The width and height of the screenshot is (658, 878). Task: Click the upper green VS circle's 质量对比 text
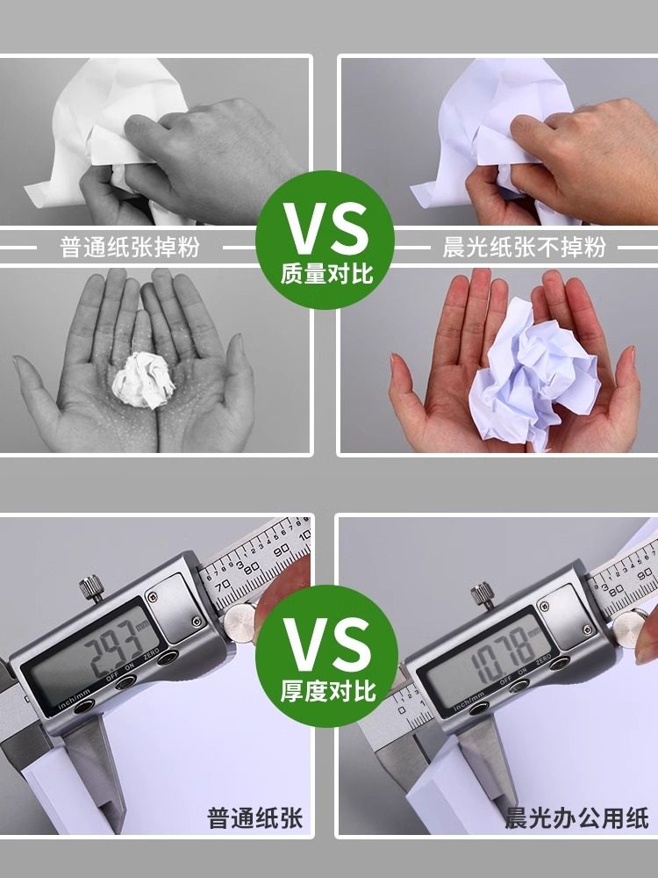coord(327,273)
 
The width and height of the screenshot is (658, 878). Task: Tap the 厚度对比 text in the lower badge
coord(328,690)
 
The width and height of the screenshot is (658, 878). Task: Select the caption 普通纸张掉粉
coord(130,247)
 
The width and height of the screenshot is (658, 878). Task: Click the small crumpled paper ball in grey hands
coord(141,379)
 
